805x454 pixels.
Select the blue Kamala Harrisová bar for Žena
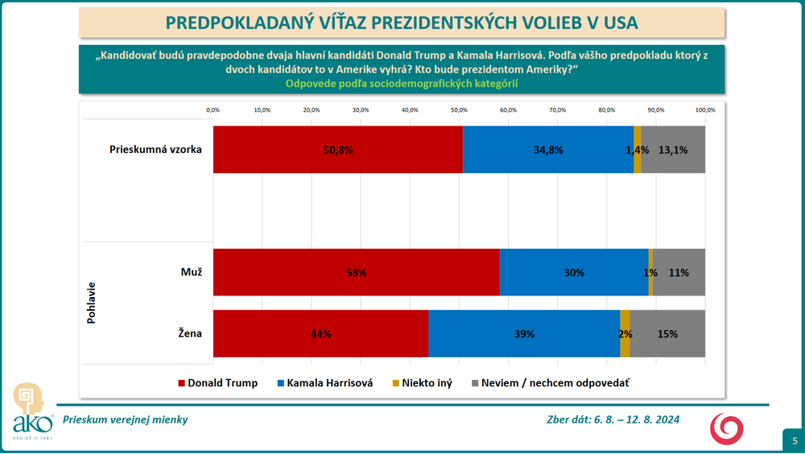tap(524, 333)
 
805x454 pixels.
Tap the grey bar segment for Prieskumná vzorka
tap(673, 149)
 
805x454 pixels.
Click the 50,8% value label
tap(337, 150)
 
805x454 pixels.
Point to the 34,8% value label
tap(548, 150)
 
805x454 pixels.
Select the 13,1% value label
tap(673, 150)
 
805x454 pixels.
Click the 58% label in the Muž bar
tap(356, 273)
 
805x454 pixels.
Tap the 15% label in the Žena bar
tap(667, 334)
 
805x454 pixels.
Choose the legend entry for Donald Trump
tap(217, 383)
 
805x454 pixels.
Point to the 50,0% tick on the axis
tap(459, 109)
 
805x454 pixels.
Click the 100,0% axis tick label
tap(705, 109)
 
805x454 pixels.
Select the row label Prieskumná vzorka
tap(155, 149)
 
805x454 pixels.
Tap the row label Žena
tap(190, 332)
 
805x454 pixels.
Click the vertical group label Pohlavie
tap(90, 303)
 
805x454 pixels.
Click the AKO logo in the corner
tap(31, 411)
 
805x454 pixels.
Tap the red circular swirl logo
tap(726, 427)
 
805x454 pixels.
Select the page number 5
tap(794, 440)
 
